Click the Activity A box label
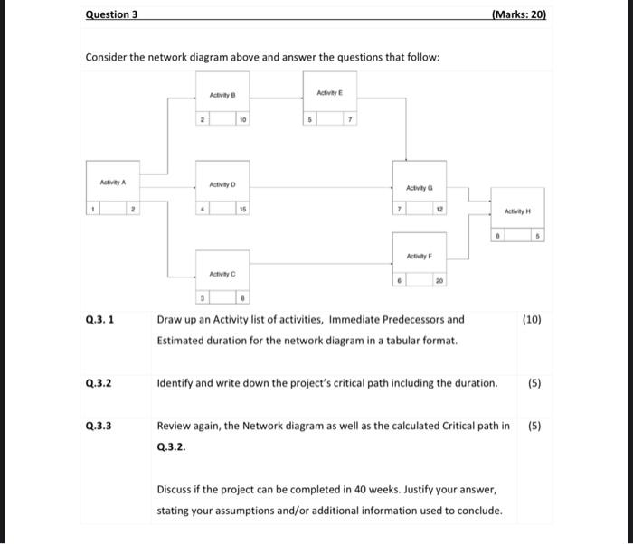112,183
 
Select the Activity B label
222,95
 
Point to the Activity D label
222,184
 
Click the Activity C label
222,274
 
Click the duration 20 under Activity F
439,281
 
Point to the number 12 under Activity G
439,209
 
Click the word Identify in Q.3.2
176,382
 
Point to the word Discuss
177,489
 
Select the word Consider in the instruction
109,57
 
